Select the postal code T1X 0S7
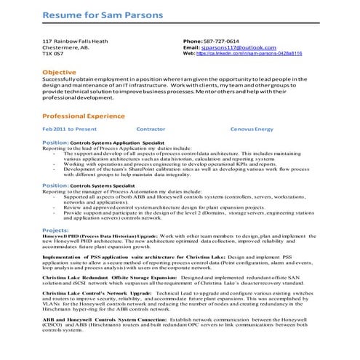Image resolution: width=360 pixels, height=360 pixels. pos(53,54)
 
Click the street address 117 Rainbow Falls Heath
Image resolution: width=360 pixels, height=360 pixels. pos(75,41)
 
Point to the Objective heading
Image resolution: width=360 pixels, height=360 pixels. pos(59,73)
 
